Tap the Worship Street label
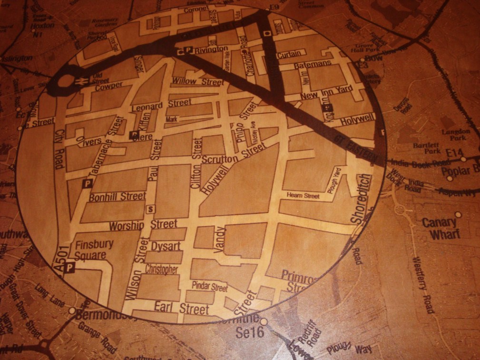[143, 224]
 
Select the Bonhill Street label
[118, 196]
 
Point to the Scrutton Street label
[233, 155]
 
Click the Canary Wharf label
[441, 228]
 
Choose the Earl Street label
[181, 308]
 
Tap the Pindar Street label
[210, 287]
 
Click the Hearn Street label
[303, 195]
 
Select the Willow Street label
[197, 81]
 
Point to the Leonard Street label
[161, 104]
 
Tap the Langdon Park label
[455, 134]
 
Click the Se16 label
[250, 332]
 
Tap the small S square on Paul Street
[151, 209]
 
